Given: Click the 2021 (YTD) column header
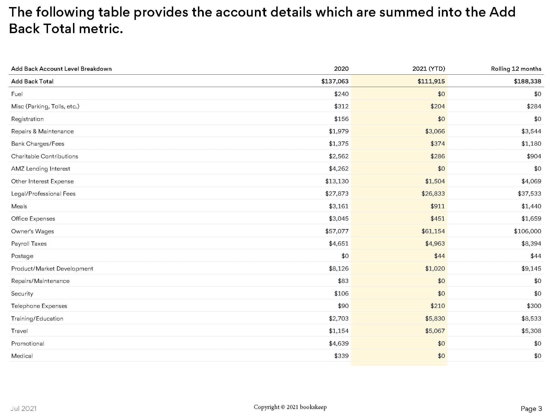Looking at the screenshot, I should tap(428, 69).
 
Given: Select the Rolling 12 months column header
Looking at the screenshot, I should tap(516, 69).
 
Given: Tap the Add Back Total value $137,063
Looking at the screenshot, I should tap(335, 81).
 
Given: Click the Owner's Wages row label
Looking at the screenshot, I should tap(33, 231).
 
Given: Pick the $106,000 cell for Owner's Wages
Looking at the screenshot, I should tap(527, 231).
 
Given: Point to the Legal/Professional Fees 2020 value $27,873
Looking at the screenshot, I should tap(337, 194).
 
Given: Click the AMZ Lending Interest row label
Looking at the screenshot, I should tap(41, 169).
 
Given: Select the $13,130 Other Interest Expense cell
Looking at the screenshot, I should tap(337, 181).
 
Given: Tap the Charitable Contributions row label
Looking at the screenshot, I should tap(45, 156).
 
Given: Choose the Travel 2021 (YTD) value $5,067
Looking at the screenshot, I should tap(435, 331).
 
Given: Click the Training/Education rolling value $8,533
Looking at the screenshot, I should tap(531, 319).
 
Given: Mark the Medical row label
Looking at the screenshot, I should tap(22, 356).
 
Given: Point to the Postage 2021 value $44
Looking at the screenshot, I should tap(439, 256).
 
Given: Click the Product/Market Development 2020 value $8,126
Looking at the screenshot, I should tap(339, 269).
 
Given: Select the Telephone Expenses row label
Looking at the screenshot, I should tap(39, 306).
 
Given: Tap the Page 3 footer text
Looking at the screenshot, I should tap(531, 409).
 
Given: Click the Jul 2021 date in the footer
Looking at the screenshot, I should tap(24, 409).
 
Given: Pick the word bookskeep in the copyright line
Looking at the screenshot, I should tap(313, 407).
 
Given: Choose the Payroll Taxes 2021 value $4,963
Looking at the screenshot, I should tap(435, 244).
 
